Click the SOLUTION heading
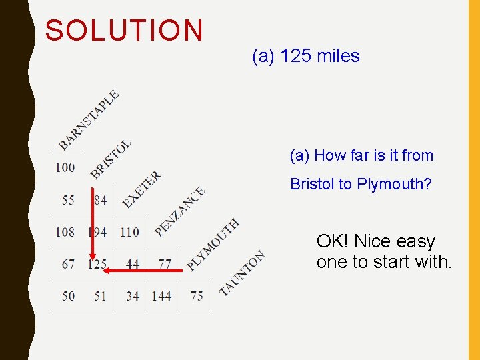click(124, 31)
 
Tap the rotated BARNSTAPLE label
click(89, 119)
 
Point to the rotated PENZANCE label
click(179, 211)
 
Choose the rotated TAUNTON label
click(242, 273)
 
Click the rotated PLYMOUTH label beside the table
click(213, 245)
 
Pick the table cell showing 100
click(65, 167)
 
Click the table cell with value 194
click(97, 232)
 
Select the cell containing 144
click(161, 296)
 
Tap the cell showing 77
click(165, 265)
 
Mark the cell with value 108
click(65, 232)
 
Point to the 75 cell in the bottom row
click(197, 296)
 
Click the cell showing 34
click(133, 296)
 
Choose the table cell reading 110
click(129, 232)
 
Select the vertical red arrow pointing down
click(93, 227)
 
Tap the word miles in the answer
click(338, 56)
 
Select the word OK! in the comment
click(333, 241)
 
